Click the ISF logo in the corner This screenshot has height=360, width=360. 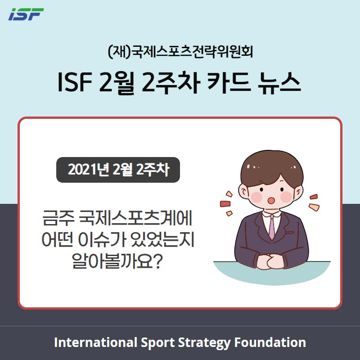tap(26, 14)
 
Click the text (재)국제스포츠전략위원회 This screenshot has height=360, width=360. tap(180, 52)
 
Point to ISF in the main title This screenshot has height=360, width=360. tap(75, 82)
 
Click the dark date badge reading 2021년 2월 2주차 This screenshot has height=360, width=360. tap(118, 170)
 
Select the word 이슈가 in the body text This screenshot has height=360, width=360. tap(102, 239)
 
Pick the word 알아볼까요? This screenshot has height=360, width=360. tap(117, 261)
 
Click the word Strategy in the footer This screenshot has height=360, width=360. tap(204, 342)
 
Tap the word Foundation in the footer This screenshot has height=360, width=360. tap(270, 342)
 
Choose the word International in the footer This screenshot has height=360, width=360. tap(95, 342)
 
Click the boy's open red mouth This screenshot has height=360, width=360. tap(271, 200)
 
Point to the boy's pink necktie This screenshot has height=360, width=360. tap(272, 227)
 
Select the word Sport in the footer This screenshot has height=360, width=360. tap(157, 342)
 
